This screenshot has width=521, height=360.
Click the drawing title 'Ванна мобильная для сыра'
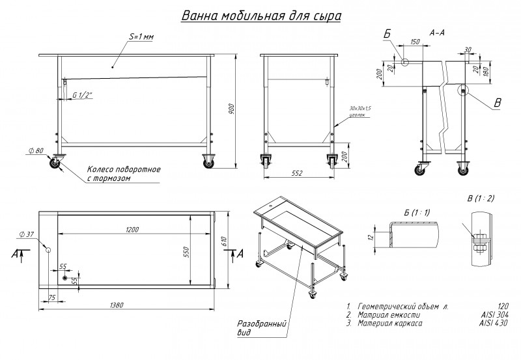tap(260, 15)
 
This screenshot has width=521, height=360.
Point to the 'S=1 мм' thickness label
tap(140, 36)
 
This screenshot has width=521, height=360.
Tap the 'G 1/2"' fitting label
tap(83, 95)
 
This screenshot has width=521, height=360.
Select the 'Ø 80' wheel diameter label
tap(36, 150)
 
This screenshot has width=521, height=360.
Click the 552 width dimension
tap(297, 173)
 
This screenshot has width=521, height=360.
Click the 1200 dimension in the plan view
tap(133, 229)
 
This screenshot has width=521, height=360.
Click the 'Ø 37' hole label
tap(27, 234)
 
